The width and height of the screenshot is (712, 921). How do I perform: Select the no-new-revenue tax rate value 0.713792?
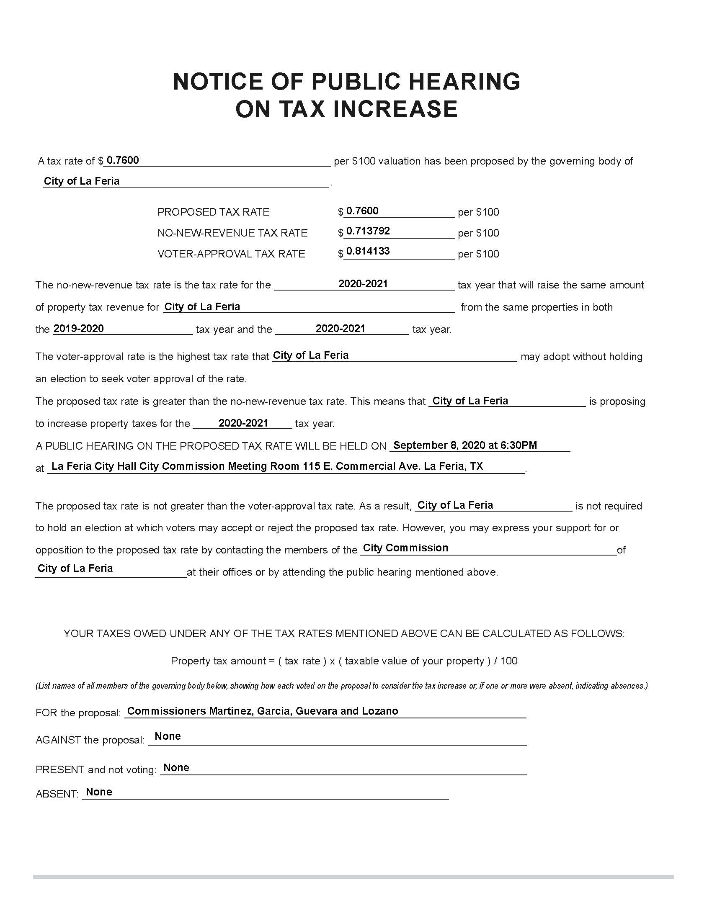(x=367, y=231)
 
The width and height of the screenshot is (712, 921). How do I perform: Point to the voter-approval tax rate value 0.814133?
(x=367, y=251)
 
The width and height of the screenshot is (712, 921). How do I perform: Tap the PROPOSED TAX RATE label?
(x=213, y=212)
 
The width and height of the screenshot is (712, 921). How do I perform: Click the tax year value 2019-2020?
(x=79, y=329)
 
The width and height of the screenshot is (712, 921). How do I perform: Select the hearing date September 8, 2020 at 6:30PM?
(x=465, y=445)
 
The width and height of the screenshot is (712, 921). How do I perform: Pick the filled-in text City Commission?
(x=405, y=548)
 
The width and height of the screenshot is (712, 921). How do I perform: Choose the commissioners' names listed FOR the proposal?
(x=262, y=711)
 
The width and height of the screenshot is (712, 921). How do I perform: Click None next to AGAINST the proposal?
(x=168, y=736)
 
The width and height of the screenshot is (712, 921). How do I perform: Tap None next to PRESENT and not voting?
(x=176, y=767)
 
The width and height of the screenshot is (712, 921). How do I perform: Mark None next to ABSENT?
(x=99, y=792)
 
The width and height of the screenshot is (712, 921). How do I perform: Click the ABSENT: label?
(x=57, y=794)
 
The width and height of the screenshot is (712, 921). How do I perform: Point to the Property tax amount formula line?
(x=344, y=661)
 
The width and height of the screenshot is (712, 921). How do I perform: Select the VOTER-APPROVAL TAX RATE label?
(x=231, y=254)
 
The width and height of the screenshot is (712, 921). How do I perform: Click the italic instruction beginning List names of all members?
(x=341, y=686)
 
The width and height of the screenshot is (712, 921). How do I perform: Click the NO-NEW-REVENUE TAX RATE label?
(x=232, y=233)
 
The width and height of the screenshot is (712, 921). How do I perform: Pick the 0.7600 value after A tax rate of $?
(x=123, y=160)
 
